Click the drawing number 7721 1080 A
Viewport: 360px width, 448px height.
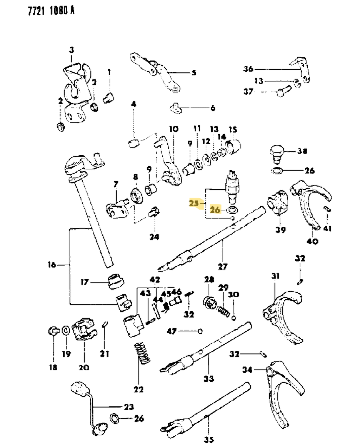(x=51, y=11)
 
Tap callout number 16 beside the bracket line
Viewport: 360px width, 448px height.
(x=52, y=264)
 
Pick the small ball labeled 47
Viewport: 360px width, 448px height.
(x=200, y=331)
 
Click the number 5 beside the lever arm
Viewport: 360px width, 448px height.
(x=194, y=73)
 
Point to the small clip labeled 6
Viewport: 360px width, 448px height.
(x=176, y=109)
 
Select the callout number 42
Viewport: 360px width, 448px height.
(x=155, y=280)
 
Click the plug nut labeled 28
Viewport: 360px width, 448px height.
(x=209, y=301)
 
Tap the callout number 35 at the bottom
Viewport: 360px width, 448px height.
(x=208, y=439)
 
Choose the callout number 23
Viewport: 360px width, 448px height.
(x=129, y=407)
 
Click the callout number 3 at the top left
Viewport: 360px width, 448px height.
(x=71, y=50)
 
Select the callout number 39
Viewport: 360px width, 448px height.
(x=280, y=230)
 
